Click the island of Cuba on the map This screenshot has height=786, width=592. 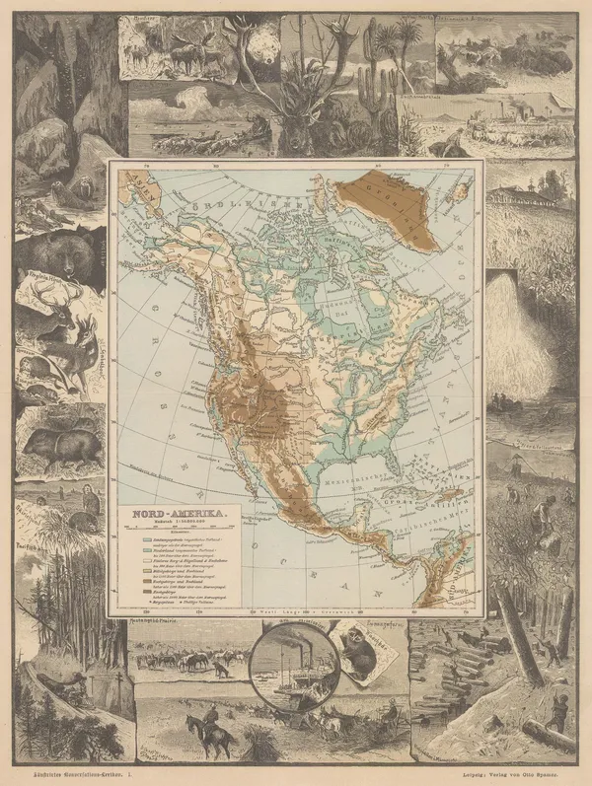point(414,480)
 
